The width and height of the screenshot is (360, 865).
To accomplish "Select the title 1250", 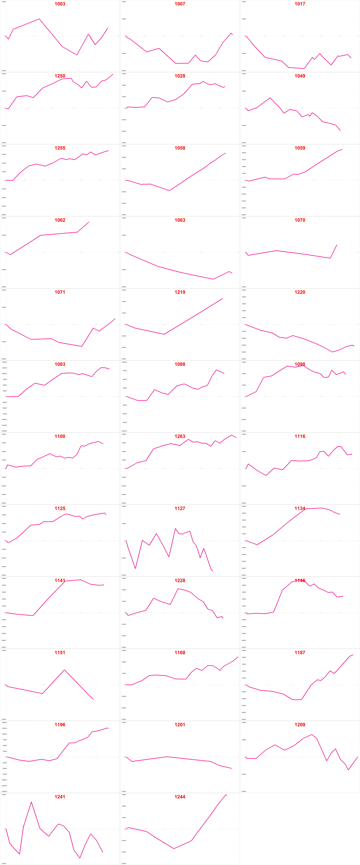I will pos(60,76).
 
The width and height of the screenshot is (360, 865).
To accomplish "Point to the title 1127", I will pos(180,508).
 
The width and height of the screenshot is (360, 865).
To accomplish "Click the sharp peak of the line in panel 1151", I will pos(64,670).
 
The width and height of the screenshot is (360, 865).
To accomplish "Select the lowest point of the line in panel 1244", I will pos(174,849).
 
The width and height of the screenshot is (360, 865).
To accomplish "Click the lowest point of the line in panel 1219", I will pos(164,334).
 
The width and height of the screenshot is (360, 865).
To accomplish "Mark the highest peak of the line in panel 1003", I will pos(39,19).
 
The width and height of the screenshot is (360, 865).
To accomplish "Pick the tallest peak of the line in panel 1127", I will pos(175,529).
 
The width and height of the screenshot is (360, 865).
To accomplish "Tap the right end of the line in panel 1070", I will pos(337,245).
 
